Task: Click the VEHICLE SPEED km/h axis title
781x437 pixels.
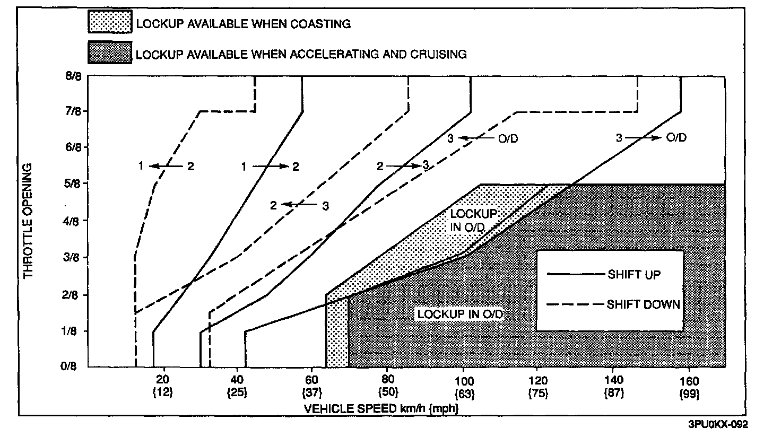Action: (381, 409)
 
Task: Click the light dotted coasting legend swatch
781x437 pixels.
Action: (109, 23)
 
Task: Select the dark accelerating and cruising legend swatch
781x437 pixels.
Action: (109, 53)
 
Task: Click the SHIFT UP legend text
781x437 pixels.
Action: (634, 275)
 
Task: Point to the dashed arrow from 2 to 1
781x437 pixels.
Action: (165, 167)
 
